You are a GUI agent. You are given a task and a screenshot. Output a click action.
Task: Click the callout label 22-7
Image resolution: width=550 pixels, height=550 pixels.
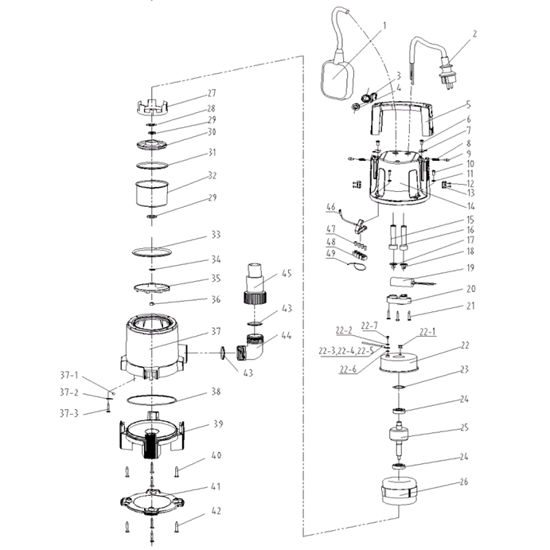(369, 325)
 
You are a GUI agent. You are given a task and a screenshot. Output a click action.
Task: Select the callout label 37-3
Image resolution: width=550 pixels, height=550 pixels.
(72, 413)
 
